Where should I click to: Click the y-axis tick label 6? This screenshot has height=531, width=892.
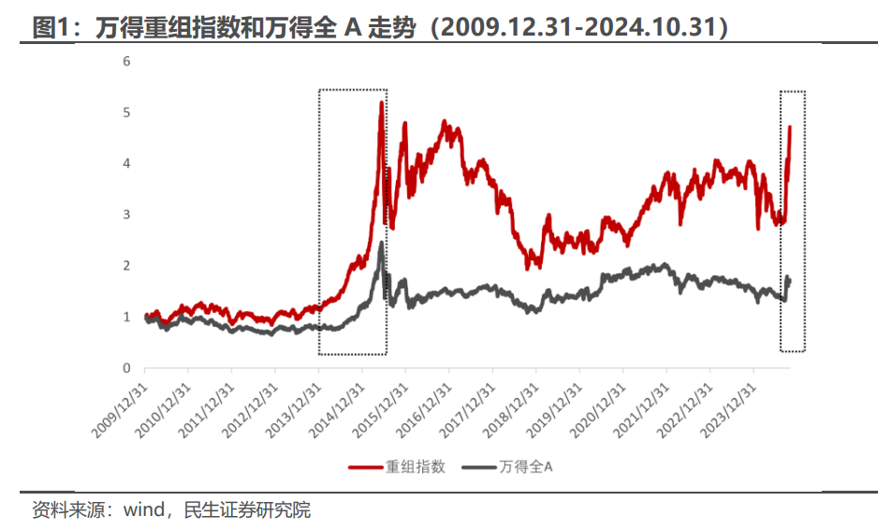(x=126, y=62)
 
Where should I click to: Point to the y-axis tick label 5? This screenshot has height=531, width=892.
(x=126, y=112)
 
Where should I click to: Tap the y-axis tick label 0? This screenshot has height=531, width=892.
(x=126, y=368)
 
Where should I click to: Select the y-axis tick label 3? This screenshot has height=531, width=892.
(x=126, y=214)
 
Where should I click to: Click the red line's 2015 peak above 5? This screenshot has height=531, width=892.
(x=381, y=102)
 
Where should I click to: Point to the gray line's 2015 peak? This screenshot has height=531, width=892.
(x=381, y=243)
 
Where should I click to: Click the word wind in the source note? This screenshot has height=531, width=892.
(x=144, y=510)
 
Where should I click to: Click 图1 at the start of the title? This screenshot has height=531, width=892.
(x=49, y=28)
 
